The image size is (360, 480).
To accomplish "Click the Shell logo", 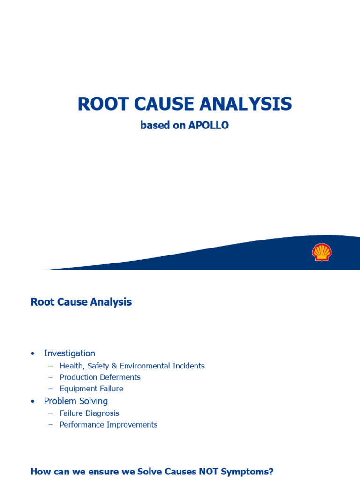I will pyautogui.click(x=322, y=252).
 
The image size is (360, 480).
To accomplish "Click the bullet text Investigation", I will pyautogui.click(x=69, y=353).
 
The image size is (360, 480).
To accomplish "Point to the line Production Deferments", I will pyautogui.click(x=100, y=377).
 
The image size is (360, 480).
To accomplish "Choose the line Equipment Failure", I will pyautogui.click(x=91, y=389).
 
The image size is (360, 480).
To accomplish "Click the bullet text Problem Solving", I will pyautogui.click(x=76, y=401).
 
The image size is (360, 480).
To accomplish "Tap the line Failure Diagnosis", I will pyautogui.click(x=89, y=413).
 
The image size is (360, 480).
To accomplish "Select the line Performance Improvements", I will pyautogui.click(x=108, y=425).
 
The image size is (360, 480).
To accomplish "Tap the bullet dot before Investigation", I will pyautogui.click(x=32, y=354).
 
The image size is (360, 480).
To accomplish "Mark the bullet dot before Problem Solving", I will pyautogui.click(x=32, y=402).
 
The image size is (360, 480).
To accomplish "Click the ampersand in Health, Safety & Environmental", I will pyautogui.click(x=114, y=366).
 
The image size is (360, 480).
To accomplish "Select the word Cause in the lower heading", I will pyautogui.click(x=71, y=302).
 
